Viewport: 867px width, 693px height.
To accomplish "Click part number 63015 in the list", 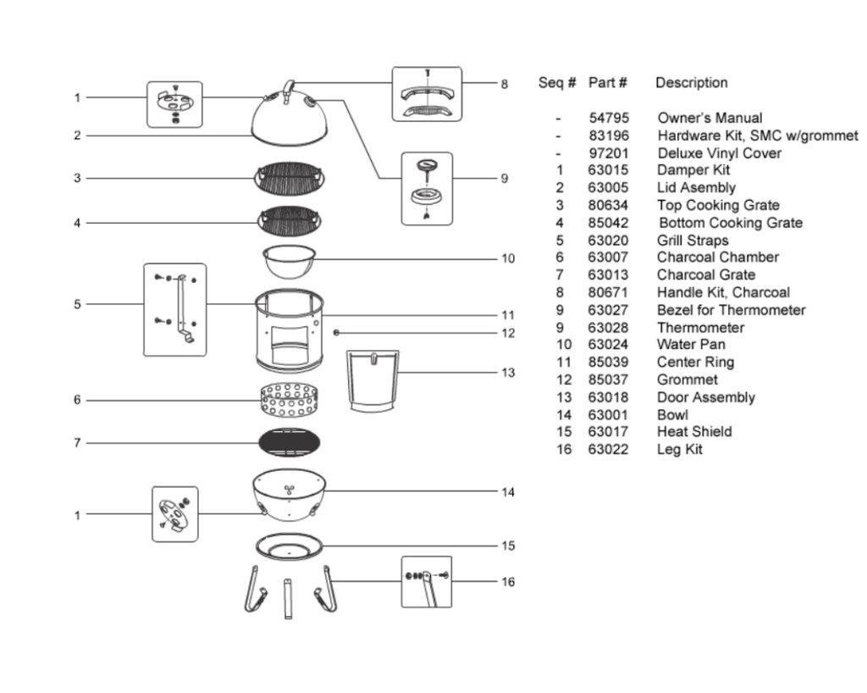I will coord(609,170).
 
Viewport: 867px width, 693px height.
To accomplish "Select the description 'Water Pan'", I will coord(691,345).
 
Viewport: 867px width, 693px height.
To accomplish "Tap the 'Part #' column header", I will coord(608,83).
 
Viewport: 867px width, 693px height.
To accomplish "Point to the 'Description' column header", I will coord(692,83).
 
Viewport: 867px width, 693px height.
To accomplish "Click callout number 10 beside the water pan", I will coord(508,258).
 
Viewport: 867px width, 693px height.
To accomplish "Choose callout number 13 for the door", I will coord(508,373).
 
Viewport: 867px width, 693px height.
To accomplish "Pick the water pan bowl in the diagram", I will coord(290,260).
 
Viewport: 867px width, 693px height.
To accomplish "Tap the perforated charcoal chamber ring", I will coord(290,400).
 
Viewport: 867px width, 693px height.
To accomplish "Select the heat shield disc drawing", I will coord(290,546).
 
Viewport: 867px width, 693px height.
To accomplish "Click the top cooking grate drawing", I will coord(290,178).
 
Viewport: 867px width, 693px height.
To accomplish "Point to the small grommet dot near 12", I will coord(338,333).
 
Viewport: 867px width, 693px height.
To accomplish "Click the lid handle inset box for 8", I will coord(427,94).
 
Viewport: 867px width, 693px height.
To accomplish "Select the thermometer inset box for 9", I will coord(427,188).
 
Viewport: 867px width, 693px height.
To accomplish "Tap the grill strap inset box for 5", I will coord(175,309).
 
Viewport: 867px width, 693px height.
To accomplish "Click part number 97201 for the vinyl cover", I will coord(609,153).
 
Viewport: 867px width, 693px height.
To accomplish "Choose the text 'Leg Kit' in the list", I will coord(680,450).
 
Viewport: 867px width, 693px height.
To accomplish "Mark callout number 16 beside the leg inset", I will coord(508,582).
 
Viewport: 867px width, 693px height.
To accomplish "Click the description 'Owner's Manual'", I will coord(710,119).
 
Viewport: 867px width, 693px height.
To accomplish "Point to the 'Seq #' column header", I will coord(557,83).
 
